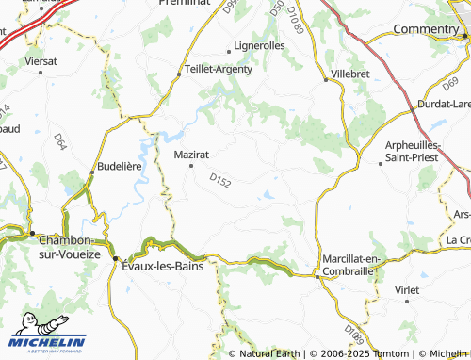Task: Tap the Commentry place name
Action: tap(425, 29)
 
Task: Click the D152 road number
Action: tap(220, 178)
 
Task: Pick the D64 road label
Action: tap(59, 142)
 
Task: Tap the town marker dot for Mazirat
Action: tap(192, 166)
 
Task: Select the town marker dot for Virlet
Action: tap(407, 302)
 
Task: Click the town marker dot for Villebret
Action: tap(327, 79)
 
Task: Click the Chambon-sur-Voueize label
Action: tap(69, 247)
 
